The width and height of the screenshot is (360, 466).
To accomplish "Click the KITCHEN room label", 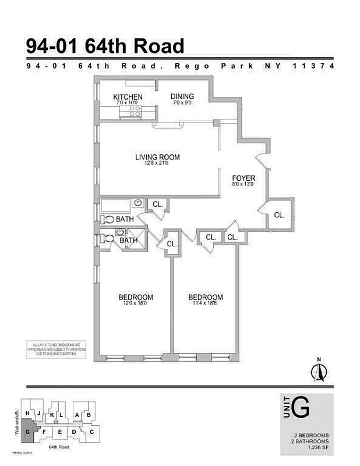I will [128, 97].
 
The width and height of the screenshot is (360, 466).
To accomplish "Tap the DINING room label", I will [182, 97].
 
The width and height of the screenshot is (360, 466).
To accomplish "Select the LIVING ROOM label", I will [157, 157].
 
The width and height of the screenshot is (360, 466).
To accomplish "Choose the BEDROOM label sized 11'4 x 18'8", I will [206, 297].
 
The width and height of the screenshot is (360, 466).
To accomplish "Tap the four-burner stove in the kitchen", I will [134, 110].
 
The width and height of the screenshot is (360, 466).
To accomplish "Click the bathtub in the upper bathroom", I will [115, 205].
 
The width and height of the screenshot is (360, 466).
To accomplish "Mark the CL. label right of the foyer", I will [279, 215].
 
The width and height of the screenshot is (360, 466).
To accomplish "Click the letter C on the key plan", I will [92, 432].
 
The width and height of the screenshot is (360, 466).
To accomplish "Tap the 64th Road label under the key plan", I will [59, 446].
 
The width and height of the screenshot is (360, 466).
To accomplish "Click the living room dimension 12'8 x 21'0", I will [157, 163].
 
